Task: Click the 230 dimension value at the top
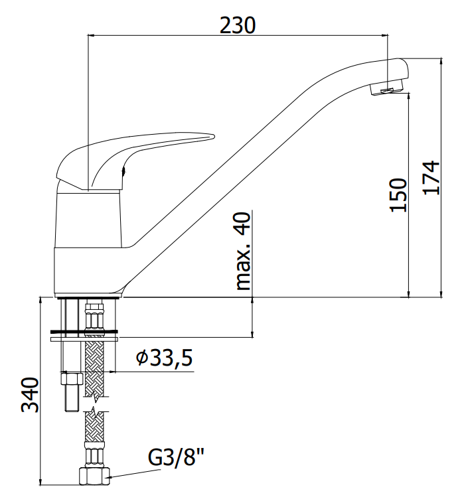[x=238, y=25]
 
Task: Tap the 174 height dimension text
[x=431, y=177]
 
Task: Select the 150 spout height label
[x=398, y=194]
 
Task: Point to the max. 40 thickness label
[x=243, y=251]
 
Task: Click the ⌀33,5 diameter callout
[x=164, y=358]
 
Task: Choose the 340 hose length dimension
[x=30, y=395]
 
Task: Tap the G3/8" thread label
[x=176, y=457]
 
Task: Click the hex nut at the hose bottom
[x=94, y=476]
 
